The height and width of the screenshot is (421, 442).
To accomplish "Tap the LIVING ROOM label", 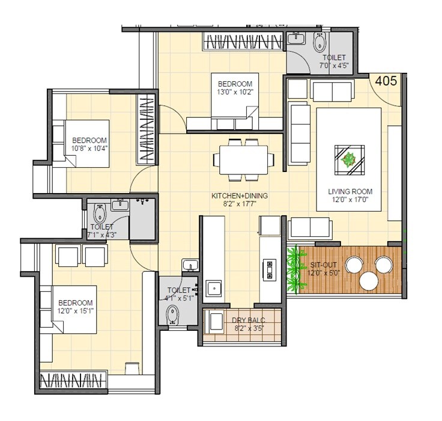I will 347,192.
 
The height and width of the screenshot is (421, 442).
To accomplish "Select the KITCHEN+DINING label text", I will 239,196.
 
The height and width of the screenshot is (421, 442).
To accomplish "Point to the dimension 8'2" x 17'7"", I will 240,204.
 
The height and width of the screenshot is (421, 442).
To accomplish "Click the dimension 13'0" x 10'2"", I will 235,92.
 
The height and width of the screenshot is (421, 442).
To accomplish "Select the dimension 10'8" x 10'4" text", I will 89,148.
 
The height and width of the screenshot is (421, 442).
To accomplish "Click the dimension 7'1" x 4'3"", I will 102,235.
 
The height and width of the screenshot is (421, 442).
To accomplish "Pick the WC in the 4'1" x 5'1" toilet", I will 173,315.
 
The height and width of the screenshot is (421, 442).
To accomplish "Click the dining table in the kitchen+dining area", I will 244,159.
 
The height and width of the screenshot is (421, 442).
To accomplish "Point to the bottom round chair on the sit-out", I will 369,281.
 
